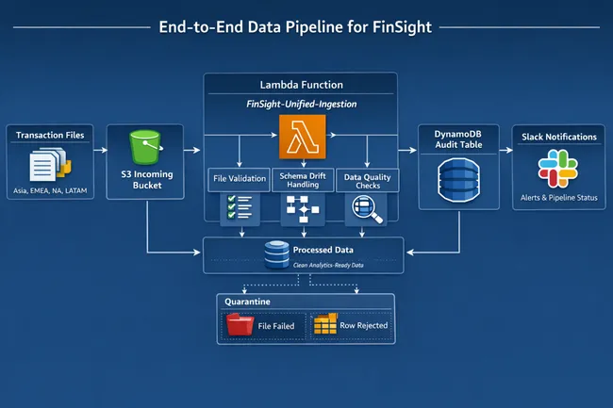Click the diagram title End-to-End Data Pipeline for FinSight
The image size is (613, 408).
click(306, 27)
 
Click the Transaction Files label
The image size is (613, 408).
click(50, 135)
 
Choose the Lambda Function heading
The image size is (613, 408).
click(300, 85)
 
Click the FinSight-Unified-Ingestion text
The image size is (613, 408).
click(300, 106)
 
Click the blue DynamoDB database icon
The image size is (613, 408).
click(458, 181)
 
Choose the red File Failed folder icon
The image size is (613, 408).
click(240, 326)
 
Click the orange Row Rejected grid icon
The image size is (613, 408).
click(325, 326)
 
